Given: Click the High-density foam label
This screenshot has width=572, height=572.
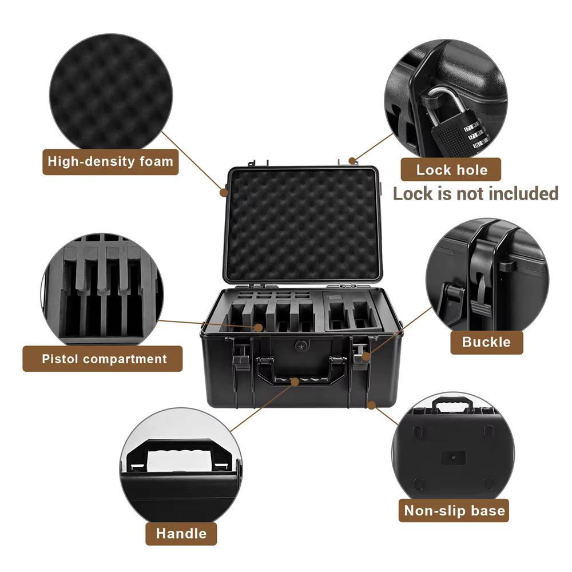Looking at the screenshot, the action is pyautogui.click(x=110, y=162).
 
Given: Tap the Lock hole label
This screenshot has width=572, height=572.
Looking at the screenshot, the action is pyautogui.click(x=451, y=170).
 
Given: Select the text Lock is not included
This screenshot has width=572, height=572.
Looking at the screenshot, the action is pyautogui.click(x=476, y=193).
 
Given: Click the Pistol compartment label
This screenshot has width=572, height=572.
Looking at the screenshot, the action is pyautogui.click(x=102, y=359).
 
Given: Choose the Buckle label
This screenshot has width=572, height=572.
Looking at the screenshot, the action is pyautogui.click(x=487, y=342).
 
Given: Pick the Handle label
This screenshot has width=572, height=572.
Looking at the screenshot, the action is pyautogui.click(x=181, y=533).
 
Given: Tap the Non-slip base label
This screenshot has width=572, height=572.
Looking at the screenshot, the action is pyautogui.click(x=454, y=510).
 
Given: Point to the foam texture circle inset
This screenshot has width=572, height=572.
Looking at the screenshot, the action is pyautogui.click(x=111, y=94).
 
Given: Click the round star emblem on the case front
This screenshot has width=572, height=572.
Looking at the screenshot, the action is pyautogui.click(x=301, y=347).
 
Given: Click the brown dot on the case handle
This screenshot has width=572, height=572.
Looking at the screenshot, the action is pyautogui.click(x=295, y=382).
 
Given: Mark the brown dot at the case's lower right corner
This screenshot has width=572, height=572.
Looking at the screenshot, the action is pyautogui.click(x=371, y=405).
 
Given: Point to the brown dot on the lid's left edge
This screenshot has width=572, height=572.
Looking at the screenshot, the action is pyautogui.click(x=224, y=192).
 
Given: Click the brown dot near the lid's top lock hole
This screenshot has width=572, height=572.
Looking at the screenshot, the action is pyautogui.click(x=352, y=161).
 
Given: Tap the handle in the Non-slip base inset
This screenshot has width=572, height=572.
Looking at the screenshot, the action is pyautogui.click(x=452, y=403).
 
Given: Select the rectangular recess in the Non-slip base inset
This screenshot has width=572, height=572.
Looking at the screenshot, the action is pyautogui.click(x=454, y=458).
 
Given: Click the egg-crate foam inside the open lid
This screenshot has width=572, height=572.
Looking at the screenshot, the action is pyautogui.click(x=303, y=225).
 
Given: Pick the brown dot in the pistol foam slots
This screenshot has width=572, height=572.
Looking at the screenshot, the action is pyautogui.click(x=259, y=328).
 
